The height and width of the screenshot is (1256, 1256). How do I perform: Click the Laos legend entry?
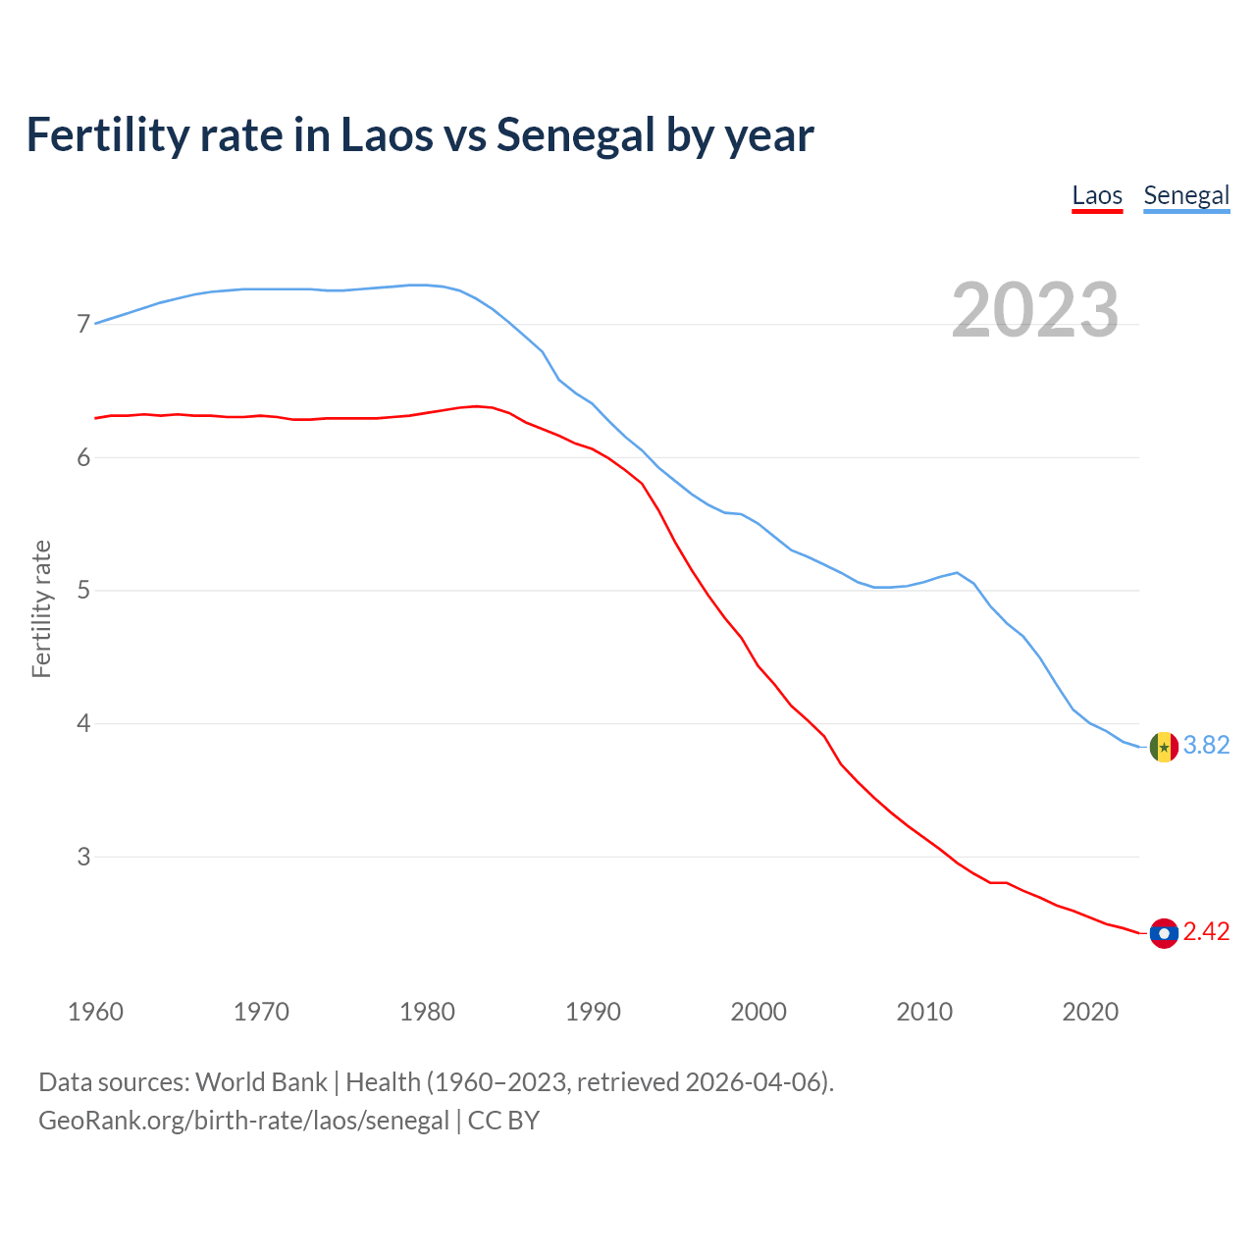pyautogui.click(x=1096, y=195)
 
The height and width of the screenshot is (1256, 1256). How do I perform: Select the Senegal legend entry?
pyautogui.click(x=1186, y=195)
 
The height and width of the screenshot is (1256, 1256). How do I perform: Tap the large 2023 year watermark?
pyautogui.click(x=1034, y=310)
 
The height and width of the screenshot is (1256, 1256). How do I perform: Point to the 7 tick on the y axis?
pyautogui.click(x=82, y=324)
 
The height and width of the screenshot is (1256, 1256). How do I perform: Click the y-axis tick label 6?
pyautogui.click(x=82, y=457)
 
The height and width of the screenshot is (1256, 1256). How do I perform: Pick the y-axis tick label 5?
pyautogui.click(x=82, y=591)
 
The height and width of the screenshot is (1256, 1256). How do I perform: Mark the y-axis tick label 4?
pyautogui.click(x=82, y=724)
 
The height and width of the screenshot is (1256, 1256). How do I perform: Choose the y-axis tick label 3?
pyautogui.click(x=82, y=857)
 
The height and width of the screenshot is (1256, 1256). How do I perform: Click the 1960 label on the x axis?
pyautogui.click(x=95, y=1012)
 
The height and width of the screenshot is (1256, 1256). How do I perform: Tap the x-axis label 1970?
pyautogui.click(x=261, y=1012)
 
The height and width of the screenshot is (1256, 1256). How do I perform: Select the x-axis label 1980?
pyautogui.click(x=427, y=1012)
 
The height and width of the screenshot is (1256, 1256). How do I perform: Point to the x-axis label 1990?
pyautogui.click(x=593, y=1012)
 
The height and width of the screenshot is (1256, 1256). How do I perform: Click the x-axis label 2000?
pyautogui.click(x=759, y=1012)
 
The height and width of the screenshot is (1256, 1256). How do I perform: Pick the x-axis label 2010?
pyautogui.click(x=924, y=1012)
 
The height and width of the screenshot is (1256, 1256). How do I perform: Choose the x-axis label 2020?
pyautogui.click(x=1090, y=1012)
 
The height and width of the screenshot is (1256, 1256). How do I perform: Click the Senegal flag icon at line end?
pyautogui.click(x=1164, y=747)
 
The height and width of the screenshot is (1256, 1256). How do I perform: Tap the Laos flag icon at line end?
pyautogui.click(x=1164, y=933)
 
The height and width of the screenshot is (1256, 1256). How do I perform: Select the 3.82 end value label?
pyautogui.click(x=1206, y=746)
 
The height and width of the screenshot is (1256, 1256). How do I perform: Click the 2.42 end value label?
pyautogui.click(x=1206, y=932)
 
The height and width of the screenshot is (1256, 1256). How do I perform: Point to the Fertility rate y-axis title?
pyautogui.click(x=41, y=608)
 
